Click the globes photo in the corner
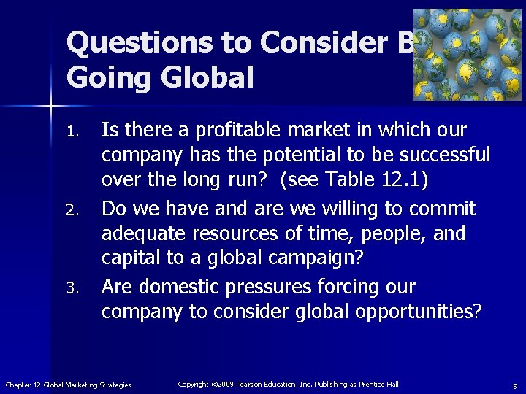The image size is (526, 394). pyautogui.click(x=468, y=55)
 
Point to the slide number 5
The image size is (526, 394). pyautogui.click(x=514, y=385)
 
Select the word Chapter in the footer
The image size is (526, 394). pyautogui.click(x=18, y=385)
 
